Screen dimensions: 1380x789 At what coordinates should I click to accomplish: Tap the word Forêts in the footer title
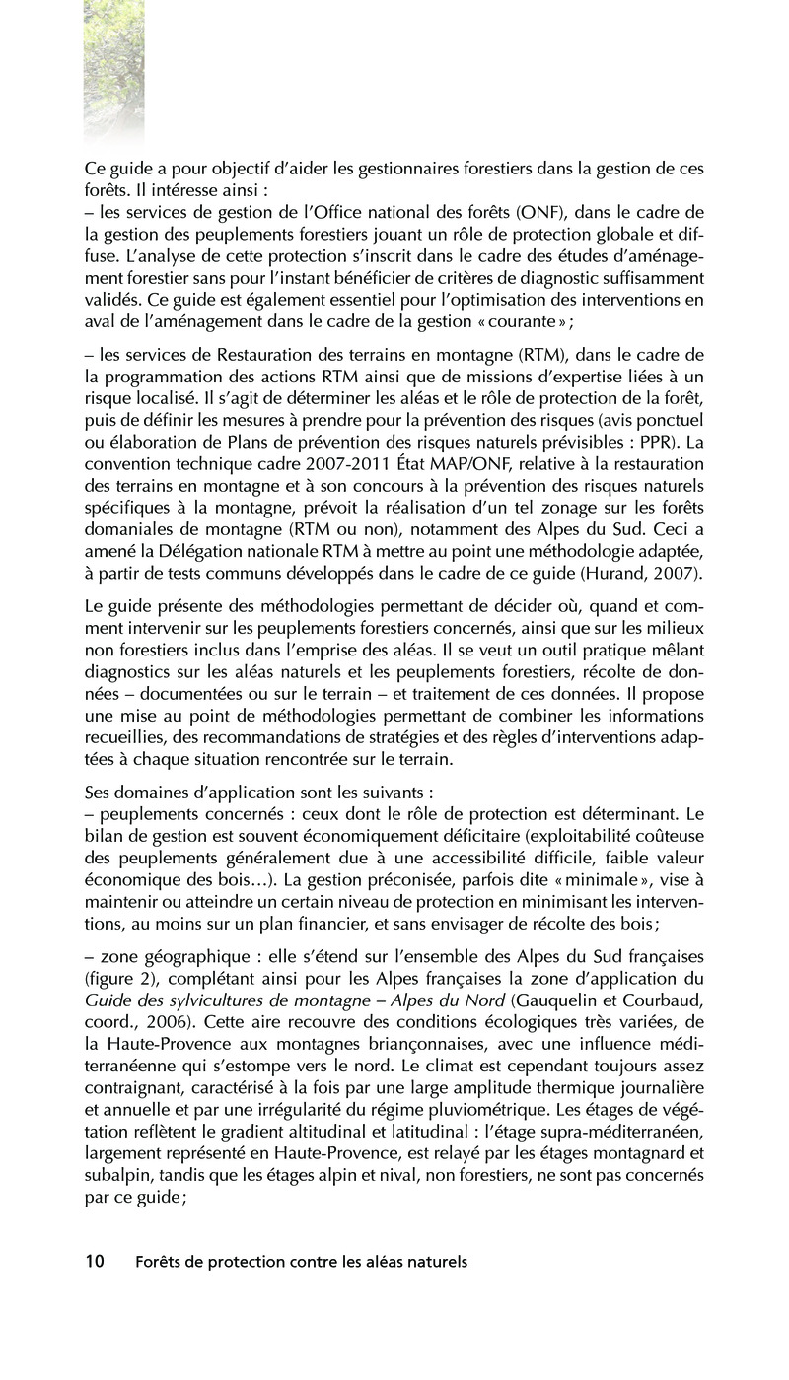click(159, 1262)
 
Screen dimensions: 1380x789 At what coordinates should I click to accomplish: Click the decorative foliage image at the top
click(113, 69)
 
